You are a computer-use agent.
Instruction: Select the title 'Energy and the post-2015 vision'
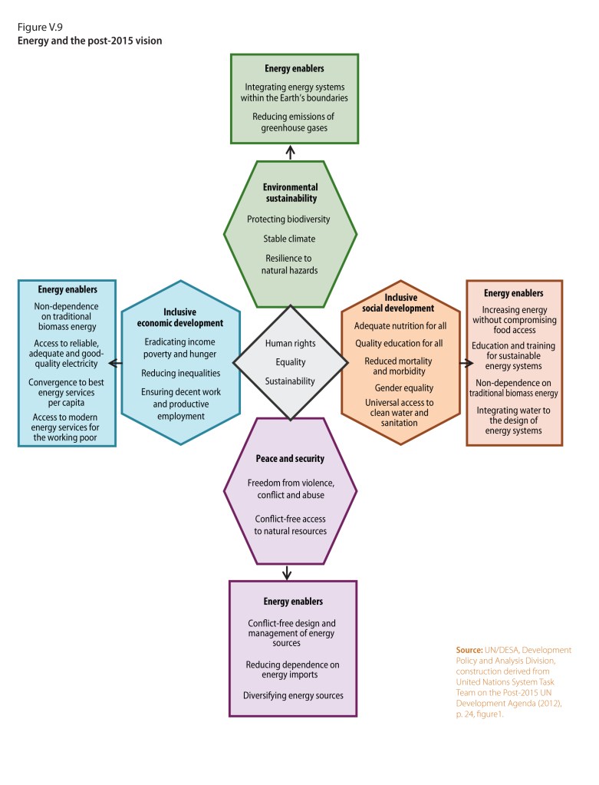coord(90,41)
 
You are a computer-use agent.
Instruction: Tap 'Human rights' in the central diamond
coord(289,343)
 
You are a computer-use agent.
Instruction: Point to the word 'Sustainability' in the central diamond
coord(289,381)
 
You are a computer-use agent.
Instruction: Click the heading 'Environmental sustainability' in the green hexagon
coord(289,193)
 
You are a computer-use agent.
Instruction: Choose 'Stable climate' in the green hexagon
coord(289,239)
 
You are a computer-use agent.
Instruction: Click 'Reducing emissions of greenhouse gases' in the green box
coord(294,122)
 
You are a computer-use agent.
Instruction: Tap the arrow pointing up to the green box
coord(290,152)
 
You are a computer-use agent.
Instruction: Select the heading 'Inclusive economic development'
coord(181,318)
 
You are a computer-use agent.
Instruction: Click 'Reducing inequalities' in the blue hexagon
coord(181,373)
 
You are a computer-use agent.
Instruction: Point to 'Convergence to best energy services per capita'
coord(67,391)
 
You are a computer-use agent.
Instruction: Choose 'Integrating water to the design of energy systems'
coord(514,421)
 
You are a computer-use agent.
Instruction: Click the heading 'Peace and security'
coord(290,459)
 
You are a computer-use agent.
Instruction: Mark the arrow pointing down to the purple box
coord(288,572)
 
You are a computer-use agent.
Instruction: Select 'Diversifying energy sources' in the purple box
coord(295,696)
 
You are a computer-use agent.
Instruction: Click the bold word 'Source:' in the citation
coord(469,650)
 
